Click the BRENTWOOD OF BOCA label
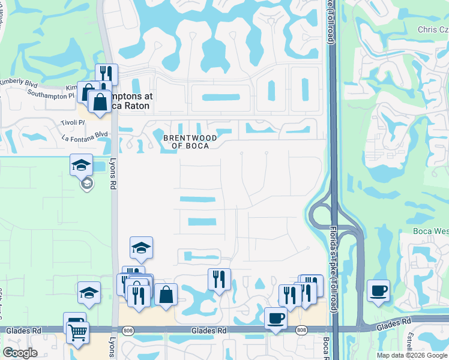[x=186, y=142]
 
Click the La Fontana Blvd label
[x=85, y=134]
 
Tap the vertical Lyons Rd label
[x=112, y=174]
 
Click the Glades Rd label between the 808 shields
[x=208, y=330]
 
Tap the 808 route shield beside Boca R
[x=301, y=330]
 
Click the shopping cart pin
[x=77, y=332]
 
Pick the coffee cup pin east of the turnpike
[x=378, y=291]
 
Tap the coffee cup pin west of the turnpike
[x=276, y=318]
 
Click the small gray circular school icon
[x=87, y=182]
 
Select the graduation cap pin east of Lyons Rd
[x=141, y=247]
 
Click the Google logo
[x=20, y=353]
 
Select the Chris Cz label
[x=433, y=29]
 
